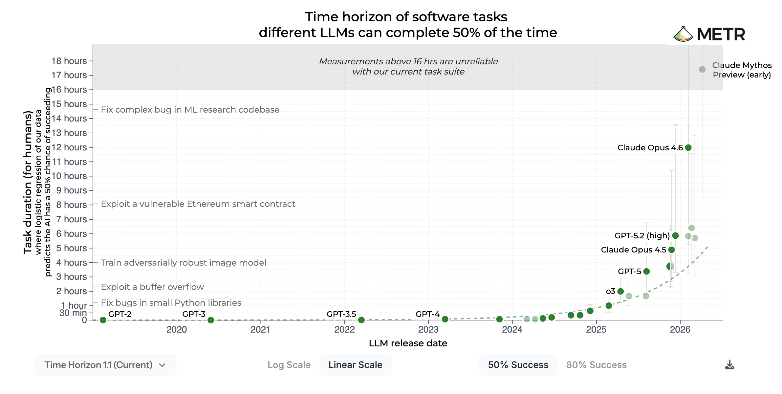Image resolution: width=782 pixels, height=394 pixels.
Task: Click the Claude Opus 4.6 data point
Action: tap(688, 148)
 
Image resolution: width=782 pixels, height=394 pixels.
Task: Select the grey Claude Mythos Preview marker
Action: tap(702, 69)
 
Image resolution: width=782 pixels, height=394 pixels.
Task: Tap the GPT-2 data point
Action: tap(103, 320)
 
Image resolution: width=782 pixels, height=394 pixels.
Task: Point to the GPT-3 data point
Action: tap(211, 320)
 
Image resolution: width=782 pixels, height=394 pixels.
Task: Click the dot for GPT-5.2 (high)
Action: tap(675, 235)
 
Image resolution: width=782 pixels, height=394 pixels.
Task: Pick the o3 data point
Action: tap(620, 291)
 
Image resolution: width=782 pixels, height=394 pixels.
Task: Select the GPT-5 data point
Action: tap(646, 271)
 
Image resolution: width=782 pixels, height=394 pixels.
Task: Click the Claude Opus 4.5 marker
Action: tap(672, 250)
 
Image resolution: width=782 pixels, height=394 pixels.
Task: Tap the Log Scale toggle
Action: tap(289, 365)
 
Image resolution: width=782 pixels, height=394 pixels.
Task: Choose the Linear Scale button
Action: tap(356, 365)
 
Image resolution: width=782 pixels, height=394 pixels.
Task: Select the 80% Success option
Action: tap(597, 365)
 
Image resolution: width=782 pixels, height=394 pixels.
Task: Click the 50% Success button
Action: tap(518, 365)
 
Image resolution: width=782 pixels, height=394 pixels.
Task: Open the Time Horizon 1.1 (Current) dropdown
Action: tap(106, 365)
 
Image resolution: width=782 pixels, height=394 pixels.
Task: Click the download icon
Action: tap(729, 365)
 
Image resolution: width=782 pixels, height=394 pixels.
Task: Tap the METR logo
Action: tap(709, 34)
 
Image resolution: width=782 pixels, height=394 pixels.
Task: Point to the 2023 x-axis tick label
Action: tap(428, 329)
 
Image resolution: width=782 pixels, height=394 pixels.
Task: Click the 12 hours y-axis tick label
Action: tap(69, 147)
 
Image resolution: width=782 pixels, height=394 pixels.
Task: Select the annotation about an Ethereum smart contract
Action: tap(198, 204)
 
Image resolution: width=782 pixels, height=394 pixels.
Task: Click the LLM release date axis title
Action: tap(408, 343)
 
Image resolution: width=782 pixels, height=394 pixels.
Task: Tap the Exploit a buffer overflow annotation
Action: tap(152, 287)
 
